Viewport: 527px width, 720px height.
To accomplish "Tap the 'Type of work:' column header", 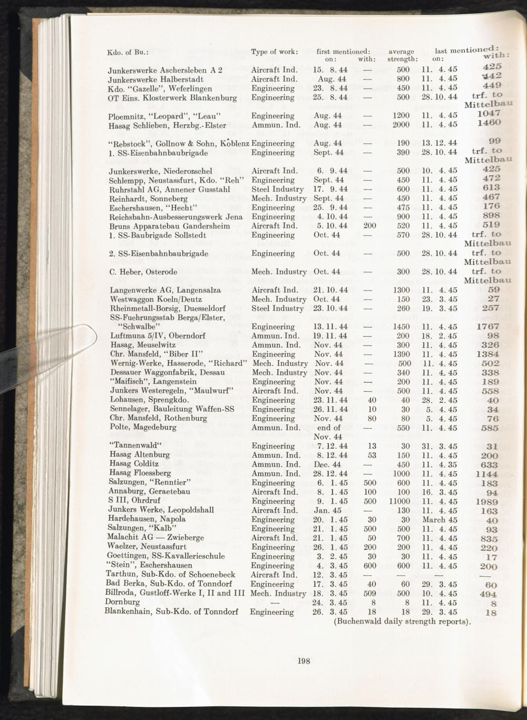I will point(275,52).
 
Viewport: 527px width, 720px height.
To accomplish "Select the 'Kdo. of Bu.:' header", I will point(128,52).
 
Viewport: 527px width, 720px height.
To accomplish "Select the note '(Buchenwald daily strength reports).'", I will point(402,621).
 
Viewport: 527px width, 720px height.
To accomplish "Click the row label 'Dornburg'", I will point(123,601).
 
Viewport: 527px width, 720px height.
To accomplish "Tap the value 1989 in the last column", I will point(486,502).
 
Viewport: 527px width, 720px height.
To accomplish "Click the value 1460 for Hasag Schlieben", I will point(489,123).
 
